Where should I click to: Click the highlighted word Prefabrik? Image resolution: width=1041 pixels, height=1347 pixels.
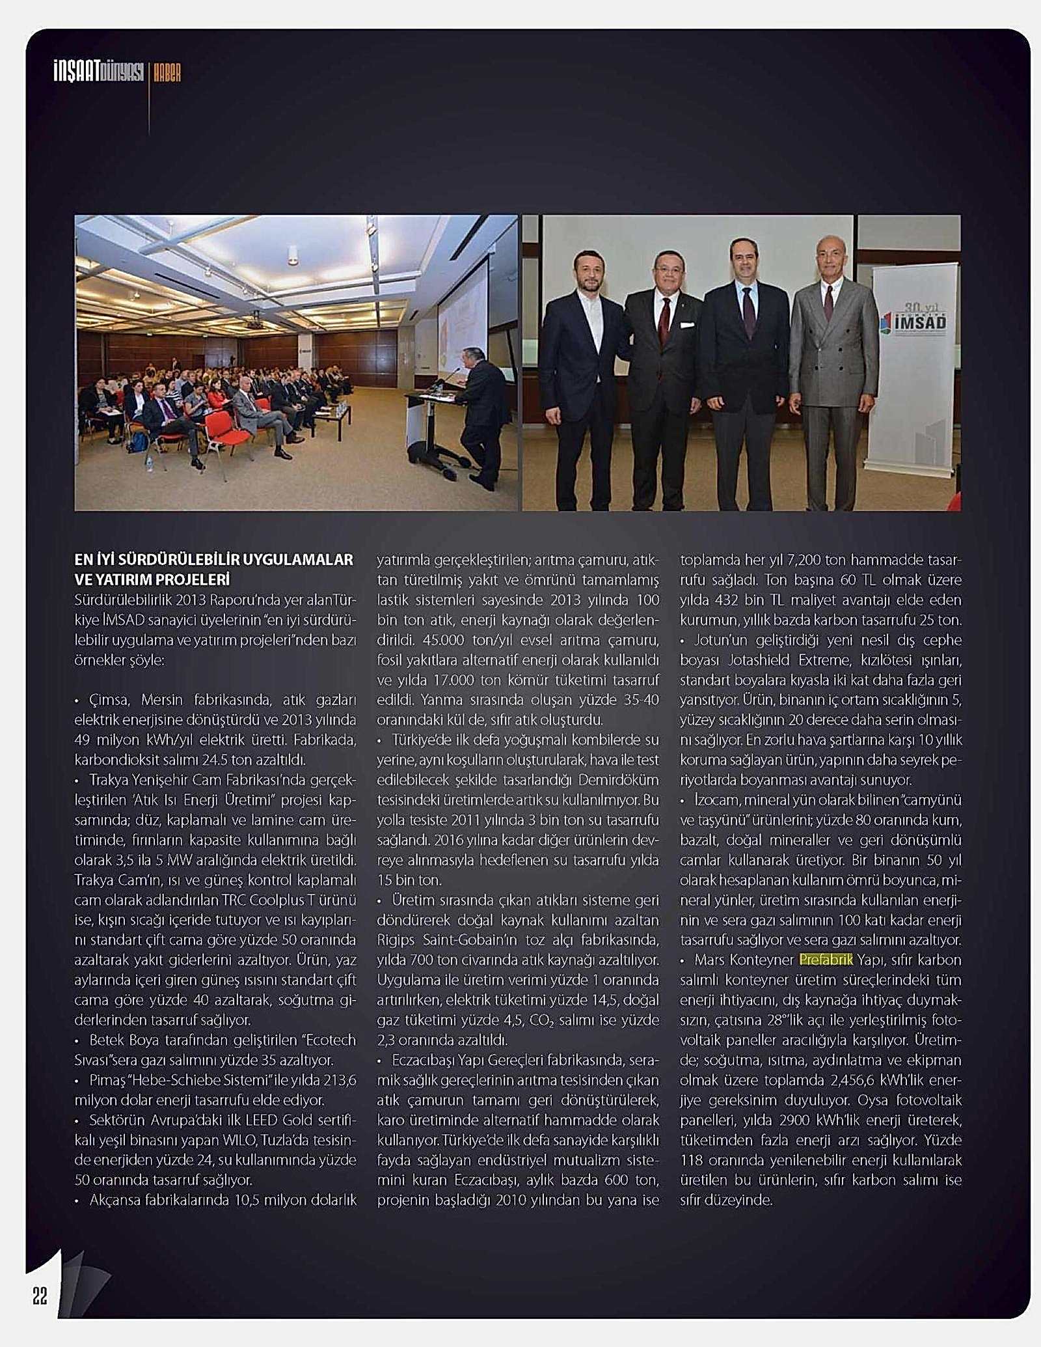[x=826, y=960]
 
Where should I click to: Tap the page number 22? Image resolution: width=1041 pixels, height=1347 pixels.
[x=40, y=1296]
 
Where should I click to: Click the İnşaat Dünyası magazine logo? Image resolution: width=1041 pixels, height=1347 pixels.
[x=98, y=72]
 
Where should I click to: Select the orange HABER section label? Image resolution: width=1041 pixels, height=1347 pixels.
[x=167, y=73]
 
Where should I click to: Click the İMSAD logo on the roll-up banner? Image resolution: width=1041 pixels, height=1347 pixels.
[x=913, y=320]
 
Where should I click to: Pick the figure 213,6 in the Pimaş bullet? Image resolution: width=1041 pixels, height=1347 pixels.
[x=340, y=1080]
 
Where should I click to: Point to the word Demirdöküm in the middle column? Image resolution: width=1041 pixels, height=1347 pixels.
[x=618, y=779]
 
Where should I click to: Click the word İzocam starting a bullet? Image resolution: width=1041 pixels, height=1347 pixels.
[x=714, y=799]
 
